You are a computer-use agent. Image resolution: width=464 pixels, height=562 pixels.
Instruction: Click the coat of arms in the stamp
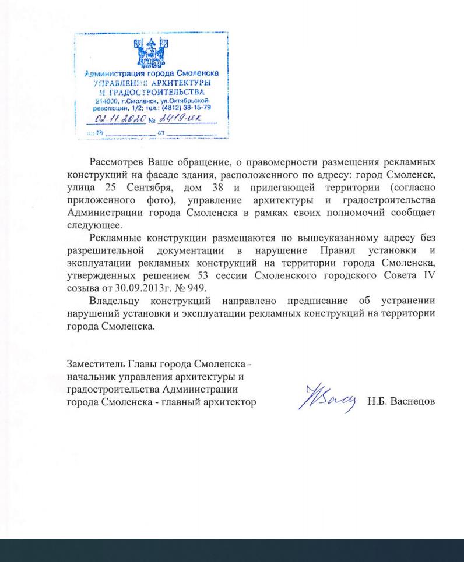pyautogui.click(x=151, y=54)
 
